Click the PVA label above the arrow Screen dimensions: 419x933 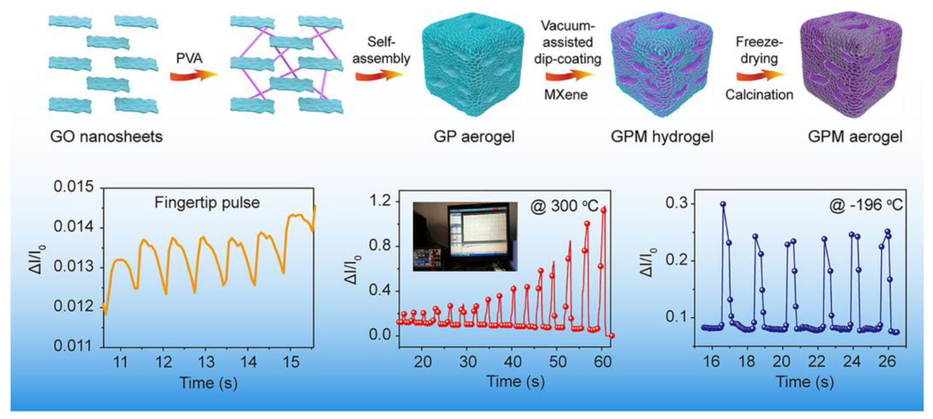coord(189,58)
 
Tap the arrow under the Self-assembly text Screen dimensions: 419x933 coord(378,76)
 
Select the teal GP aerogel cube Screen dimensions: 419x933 coord(473,65)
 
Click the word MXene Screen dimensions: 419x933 coord(566,95)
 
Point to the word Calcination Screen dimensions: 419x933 coord(759,95)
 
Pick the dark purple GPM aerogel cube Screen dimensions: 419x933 coord(851,65)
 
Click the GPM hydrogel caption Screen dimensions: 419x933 coord(662,137)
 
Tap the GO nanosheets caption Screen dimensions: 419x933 coord(106,137)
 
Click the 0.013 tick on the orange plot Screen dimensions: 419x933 coord(74,267)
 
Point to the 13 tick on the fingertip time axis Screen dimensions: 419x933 coord(206,362)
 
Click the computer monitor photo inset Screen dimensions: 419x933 coord(465,236)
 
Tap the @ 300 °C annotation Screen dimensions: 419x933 coord(564,206)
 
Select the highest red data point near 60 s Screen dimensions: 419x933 coord(603,210)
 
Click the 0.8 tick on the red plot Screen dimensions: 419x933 coord(380,246)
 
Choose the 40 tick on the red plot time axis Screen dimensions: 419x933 coord(513,362)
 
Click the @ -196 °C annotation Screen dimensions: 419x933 coord(866,205)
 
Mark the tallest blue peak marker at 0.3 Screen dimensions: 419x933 coord(723,204)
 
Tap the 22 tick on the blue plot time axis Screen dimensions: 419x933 coord(817,362)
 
